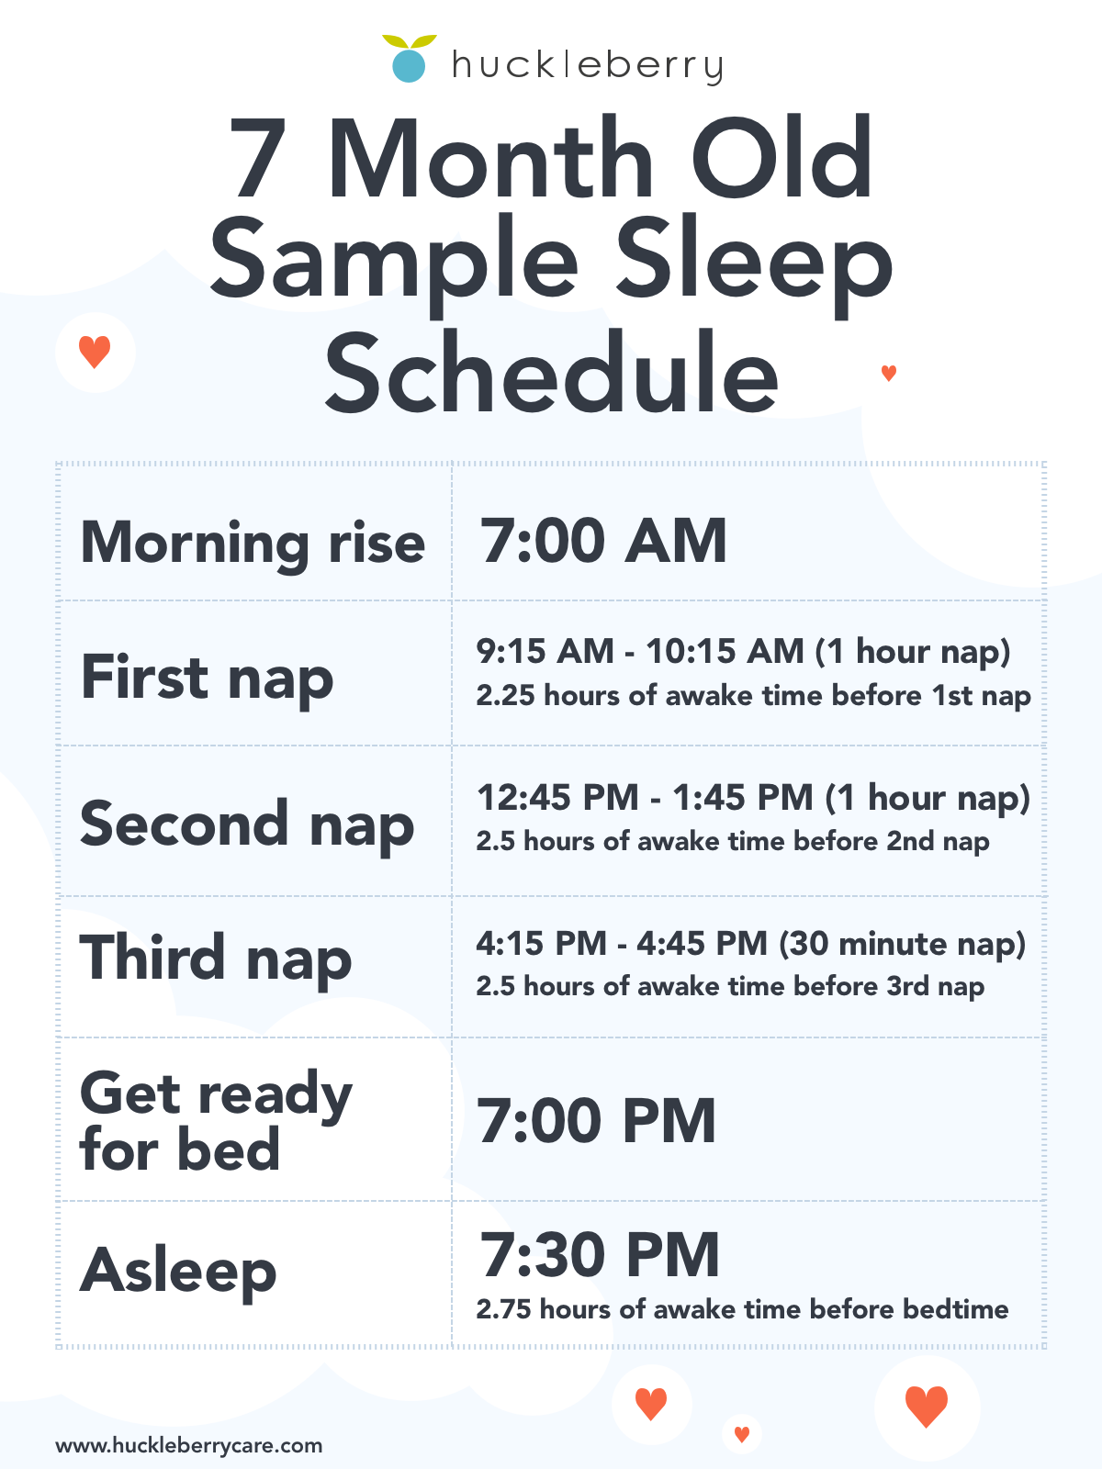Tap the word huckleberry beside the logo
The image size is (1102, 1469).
click(588, 65)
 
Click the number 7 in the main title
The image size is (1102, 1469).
click(258, 158)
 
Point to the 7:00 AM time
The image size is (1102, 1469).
click(602, 540)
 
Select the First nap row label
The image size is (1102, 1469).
click(207, 679)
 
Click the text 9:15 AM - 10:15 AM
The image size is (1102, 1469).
click(640, 651)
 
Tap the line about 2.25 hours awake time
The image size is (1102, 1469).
click(753, 696)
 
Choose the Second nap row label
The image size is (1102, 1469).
click(247, 825)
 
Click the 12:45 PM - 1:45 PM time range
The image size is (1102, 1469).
click(645, 797)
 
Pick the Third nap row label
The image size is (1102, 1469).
click(216, 959)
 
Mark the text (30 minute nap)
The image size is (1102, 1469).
click(902, 945)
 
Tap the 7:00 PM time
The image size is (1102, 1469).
click(596, 1121)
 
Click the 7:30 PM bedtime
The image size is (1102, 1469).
click(600, 1255)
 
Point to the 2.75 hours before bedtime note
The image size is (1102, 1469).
click(742, 1309)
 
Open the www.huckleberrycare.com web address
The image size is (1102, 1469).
click(188, 1445)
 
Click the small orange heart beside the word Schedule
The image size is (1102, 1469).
click(889, 373)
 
